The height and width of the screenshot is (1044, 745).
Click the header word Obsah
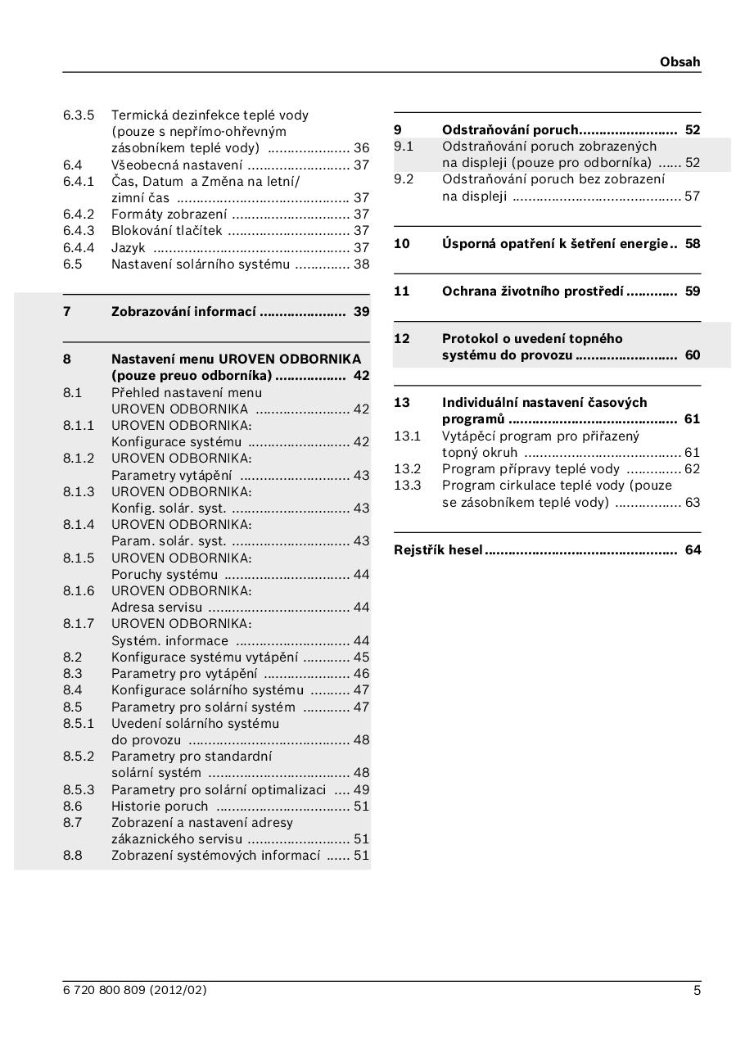tap(680, 62)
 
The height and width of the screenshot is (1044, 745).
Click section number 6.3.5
tap(79, 115)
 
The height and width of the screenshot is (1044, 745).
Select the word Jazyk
tap(129, 247)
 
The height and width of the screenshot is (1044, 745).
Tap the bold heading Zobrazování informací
tap(184, 312)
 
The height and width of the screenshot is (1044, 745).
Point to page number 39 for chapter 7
tap(361, 312)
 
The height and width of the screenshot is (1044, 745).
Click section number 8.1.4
tap(79, 525)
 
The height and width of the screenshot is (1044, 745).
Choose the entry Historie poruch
tap(160, 807)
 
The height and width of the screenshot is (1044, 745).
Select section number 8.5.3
tap(79, 790)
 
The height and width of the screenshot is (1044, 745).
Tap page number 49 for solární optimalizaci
tap(361, 790)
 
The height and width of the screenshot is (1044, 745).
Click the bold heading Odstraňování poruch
tap(510, 130)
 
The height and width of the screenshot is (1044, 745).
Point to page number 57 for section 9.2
tap(693, 197)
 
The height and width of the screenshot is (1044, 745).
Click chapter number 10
tap(402, 244)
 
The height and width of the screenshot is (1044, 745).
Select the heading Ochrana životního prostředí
tap(533, 292)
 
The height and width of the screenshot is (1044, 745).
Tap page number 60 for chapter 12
tap(693, 355)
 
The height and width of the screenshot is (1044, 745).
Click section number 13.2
tap(407, 469)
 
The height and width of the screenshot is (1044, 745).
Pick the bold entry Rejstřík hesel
tap(438, 550)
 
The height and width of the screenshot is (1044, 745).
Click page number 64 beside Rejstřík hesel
tap(693, 550)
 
